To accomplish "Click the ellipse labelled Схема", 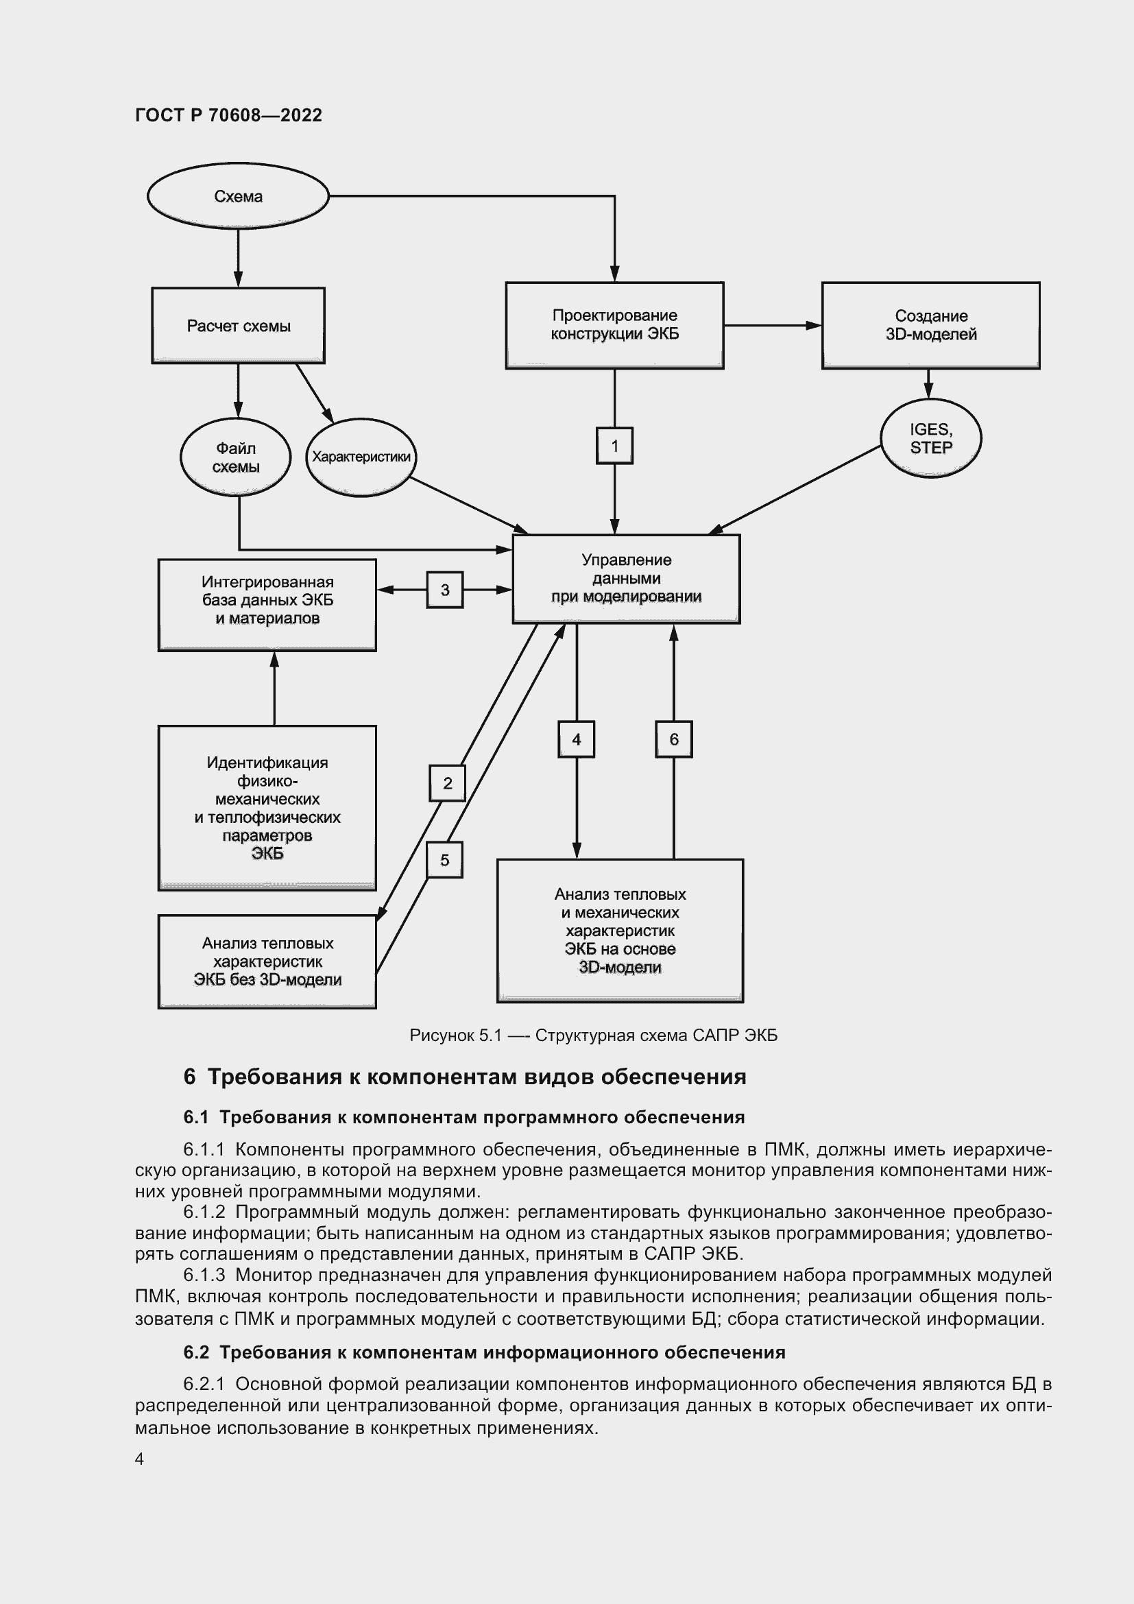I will pos(237,196).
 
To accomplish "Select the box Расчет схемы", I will pos(238,326).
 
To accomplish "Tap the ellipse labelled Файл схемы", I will pos(235,457).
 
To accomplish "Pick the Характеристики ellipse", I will pos(361,457).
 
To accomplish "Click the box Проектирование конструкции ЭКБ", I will pos(614,325).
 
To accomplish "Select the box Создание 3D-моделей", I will pos(930,325).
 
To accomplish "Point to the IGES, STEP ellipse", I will pos(931,438).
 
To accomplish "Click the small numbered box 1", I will pos(614,446).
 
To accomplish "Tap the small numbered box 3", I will pos(445,590).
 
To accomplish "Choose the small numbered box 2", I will pos(448,783).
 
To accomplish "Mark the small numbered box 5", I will pos(445,860).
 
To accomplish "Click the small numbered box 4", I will pos(576,739).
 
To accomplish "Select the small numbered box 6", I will pos(674,739).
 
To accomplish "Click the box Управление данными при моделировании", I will pos(627,579).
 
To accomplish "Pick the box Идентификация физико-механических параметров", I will pos(267,808).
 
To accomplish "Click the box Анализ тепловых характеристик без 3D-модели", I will pos(267,961).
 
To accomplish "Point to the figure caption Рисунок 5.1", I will pos(593,1036).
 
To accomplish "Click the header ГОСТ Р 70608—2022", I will pos(228,115).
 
